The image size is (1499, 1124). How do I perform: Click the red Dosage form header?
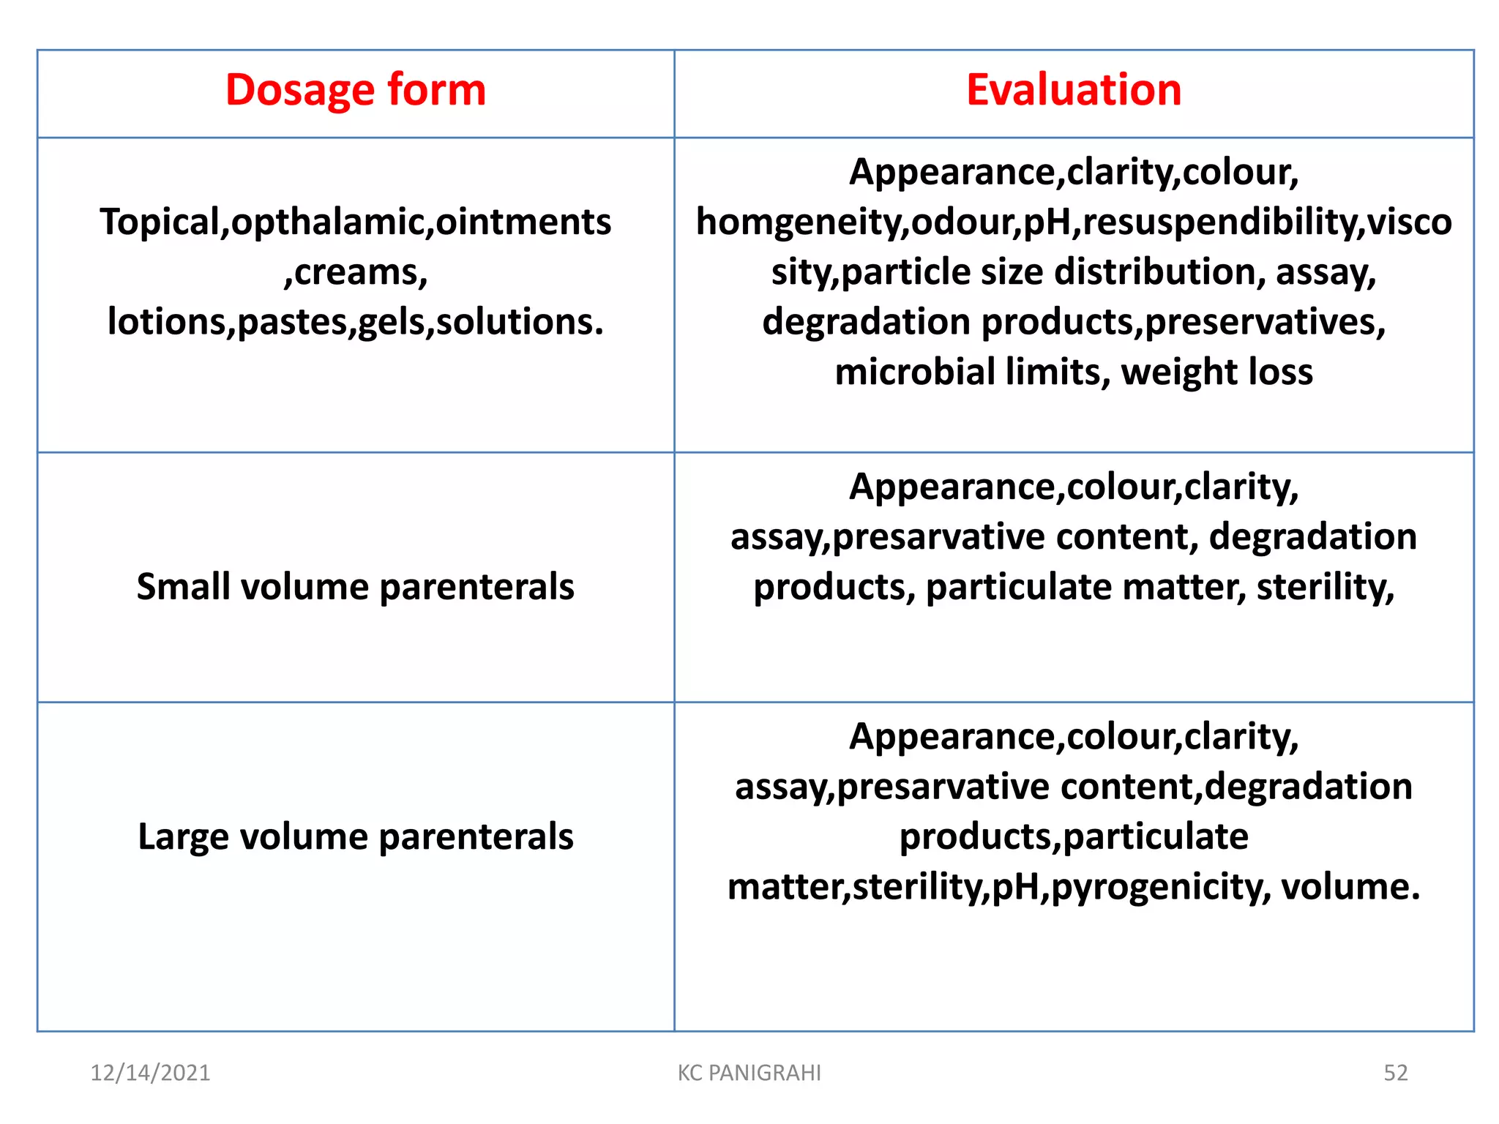(355, 90)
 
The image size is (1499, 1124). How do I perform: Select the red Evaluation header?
(1073, 90)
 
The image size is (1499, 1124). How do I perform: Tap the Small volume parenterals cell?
(355, 587)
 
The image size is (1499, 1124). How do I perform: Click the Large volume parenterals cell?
(355, 836)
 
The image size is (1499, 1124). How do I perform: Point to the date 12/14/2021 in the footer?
(150, 1073)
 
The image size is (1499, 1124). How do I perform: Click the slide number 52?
(1395, 1073)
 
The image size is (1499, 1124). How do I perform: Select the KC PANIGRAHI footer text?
(749, 1073)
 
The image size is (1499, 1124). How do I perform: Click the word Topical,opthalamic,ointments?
(355, 222)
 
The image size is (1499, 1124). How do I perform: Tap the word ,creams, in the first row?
(355, 272)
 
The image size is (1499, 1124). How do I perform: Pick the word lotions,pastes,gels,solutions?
(355, 322)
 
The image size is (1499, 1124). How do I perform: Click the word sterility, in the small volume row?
(1325, 587)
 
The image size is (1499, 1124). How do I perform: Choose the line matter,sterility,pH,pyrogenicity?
(999, 886)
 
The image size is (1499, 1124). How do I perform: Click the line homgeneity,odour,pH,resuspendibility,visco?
(1073, 222)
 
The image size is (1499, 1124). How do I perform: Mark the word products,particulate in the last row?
(1073, 836)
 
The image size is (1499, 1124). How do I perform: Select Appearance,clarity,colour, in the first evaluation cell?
(1073, 173)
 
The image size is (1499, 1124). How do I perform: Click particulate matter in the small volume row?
(1085, 587)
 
